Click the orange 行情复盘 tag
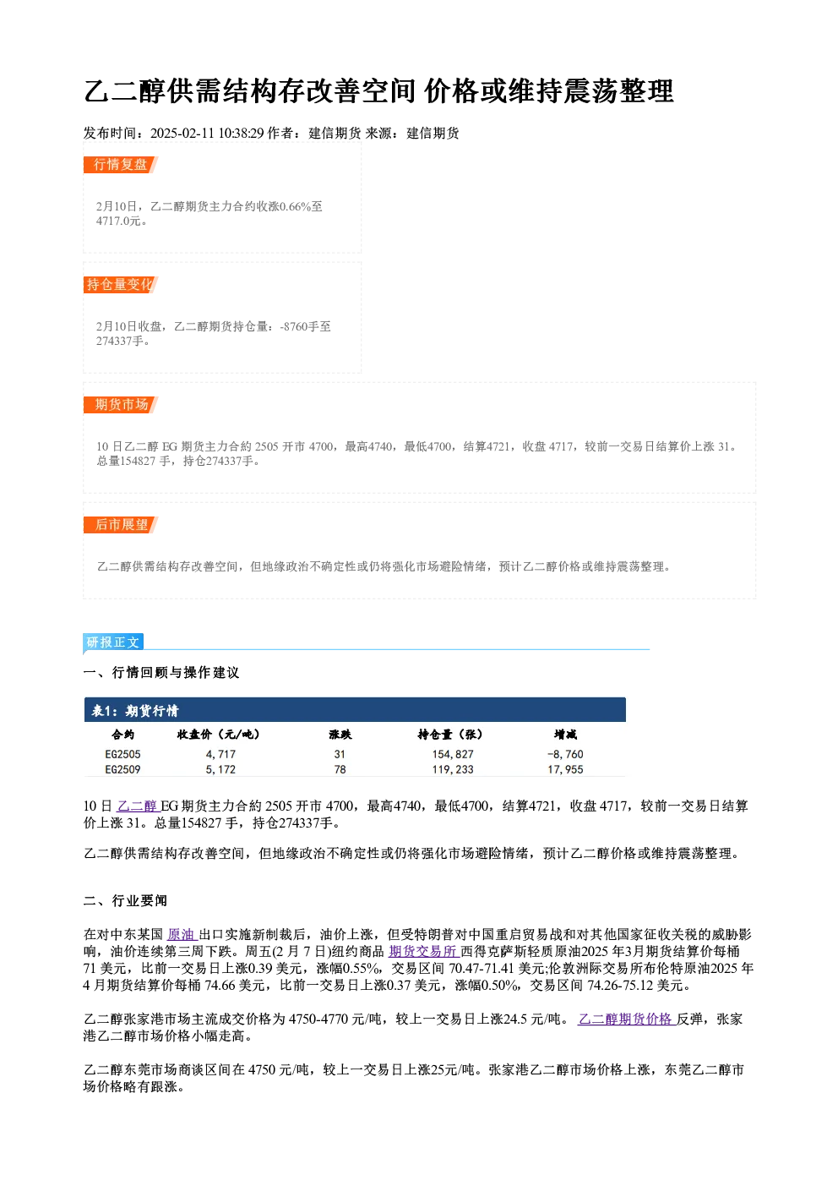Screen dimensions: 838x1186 point(121,165)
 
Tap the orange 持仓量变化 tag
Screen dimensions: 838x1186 point(121,285)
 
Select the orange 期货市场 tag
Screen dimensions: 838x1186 point(121,405)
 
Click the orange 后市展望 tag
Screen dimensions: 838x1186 point(121,525)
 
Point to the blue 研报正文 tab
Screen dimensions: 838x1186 point(113,642)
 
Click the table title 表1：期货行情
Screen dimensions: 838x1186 point(135,711)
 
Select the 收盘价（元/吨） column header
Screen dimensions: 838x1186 point(219,735)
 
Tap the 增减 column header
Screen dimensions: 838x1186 point(565,735)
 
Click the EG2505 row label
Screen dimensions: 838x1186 point(122,754)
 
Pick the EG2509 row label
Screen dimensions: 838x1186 point(122,769)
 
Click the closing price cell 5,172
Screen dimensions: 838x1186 point(220,769)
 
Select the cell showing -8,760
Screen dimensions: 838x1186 point(565,754)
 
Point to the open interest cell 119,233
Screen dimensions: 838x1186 point(453,769)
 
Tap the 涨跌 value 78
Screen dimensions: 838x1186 point(340,769)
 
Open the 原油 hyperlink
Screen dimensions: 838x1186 point(182,934)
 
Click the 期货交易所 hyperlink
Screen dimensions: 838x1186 point(424,952)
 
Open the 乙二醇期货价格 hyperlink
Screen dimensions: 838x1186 point(627,1019)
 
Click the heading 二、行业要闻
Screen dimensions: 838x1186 point(125,900)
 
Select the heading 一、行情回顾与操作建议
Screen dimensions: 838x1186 point(161,672)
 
